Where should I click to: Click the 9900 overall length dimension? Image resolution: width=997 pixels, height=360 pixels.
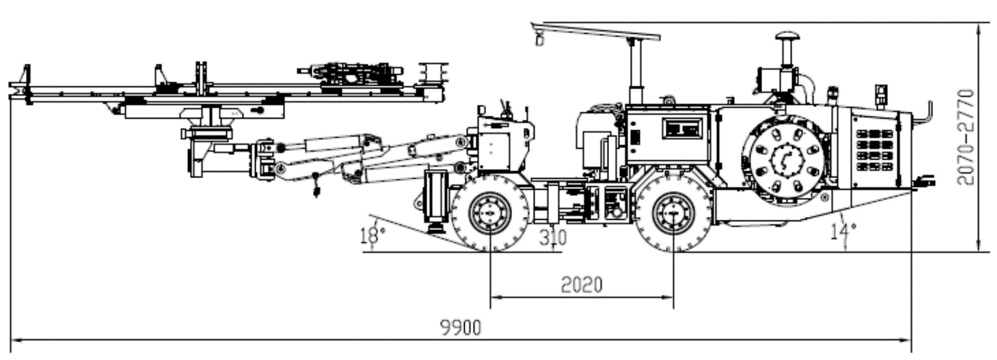[x=460, y=328]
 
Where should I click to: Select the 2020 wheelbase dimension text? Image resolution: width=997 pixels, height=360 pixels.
[x=581, y=285]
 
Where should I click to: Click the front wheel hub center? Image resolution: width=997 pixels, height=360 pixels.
[x=490, y=213]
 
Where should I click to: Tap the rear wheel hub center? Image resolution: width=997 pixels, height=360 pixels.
[x=673, y=213]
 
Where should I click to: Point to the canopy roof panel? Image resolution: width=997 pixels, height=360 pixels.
[x=596, y=31]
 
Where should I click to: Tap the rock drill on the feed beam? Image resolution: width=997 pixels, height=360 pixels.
[x=352, y=73]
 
